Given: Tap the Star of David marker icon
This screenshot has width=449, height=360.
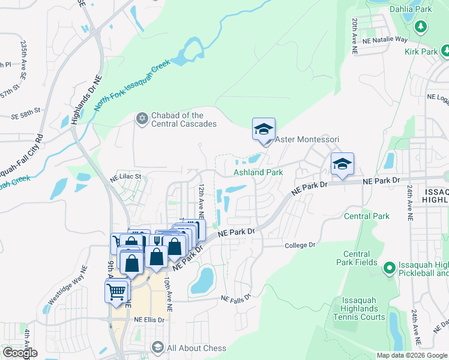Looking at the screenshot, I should (x=142, y=116).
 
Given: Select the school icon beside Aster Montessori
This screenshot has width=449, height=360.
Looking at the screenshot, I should (x=263, y=130).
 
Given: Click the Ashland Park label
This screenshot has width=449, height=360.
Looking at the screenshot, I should (x=258, y=172).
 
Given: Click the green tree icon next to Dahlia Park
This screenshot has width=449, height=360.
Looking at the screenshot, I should (x=421, y=26).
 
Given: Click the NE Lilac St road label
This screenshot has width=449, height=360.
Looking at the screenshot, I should (x=125, y=177).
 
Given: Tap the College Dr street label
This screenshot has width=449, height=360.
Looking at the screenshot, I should (x=300, y=245).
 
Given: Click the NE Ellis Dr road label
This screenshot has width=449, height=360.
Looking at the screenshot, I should (x=149, y=320).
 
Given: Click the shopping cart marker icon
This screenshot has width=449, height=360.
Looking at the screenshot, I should (x=117, y=291).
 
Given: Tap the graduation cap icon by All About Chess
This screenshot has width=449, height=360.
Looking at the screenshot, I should (x=157, y=347).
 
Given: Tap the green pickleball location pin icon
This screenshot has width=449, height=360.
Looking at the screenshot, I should (x=389, y=266).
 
